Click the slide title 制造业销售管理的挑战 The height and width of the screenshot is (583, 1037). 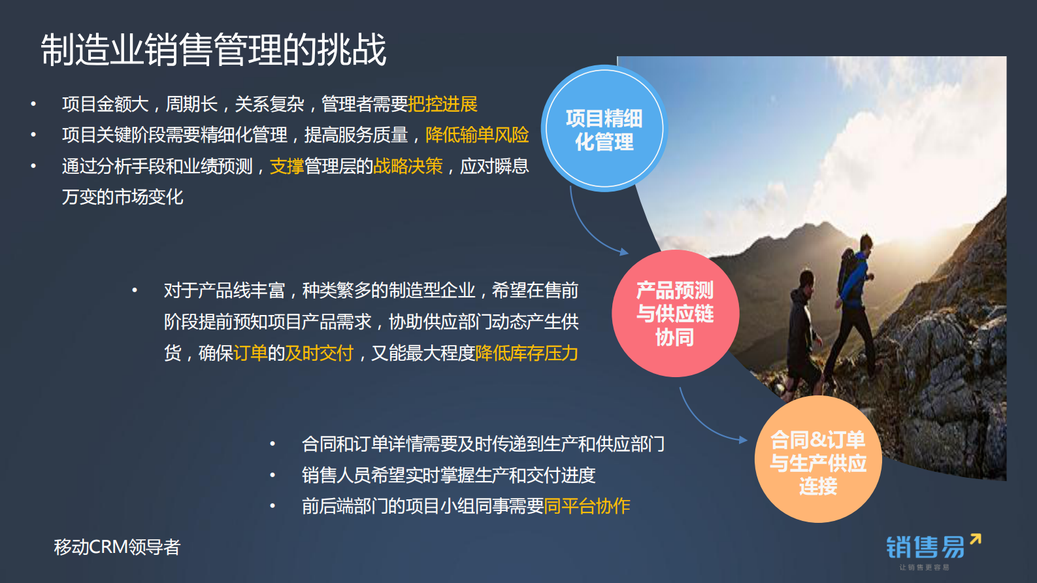(214, 50)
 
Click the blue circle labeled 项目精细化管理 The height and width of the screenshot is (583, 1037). (604, 129)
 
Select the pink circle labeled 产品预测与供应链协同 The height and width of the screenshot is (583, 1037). (675, 314)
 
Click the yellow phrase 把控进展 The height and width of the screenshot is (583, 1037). (442, 104)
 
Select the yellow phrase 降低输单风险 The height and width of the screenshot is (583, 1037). (477, 135)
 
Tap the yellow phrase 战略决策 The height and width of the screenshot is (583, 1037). (408, 166)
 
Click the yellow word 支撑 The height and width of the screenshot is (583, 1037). (287, 166)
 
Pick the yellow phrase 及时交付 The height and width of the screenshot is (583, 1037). (319, 353)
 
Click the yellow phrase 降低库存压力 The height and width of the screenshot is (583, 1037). (527, 353)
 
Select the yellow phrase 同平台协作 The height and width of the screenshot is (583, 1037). (587, 506)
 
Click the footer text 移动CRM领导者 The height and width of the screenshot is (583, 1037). (117, 547)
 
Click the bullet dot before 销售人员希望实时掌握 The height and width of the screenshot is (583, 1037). (272, 475)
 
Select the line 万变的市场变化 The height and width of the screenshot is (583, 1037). (122, 197)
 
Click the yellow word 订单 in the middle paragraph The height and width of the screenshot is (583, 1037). (250, 353)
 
